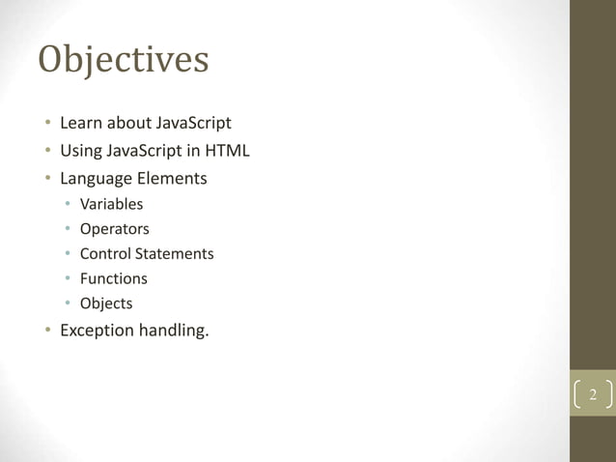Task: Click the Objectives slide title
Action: click(124, 60)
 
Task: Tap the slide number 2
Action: click(593, 396)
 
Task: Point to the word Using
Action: click(80, 152)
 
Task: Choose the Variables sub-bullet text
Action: click(111, 204)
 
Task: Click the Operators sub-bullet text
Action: click(114, 229)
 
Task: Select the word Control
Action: click(105, 253)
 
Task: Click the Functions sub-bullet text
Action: click(113, 278)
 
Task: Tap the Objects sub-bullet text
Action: click(106, 303)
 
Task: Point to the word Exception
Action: click(98, 331)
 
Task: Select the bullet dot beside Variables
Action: click(68, 204)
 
